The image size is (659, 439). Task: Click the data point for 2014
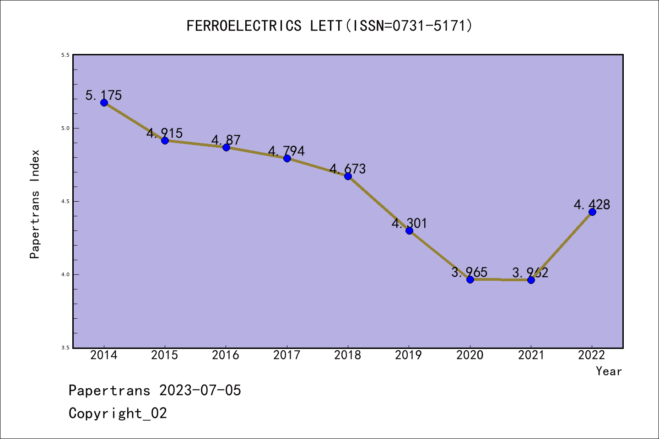click(x=104, y=102)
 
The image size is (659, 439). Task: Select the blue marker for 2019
click(x=409, y=230)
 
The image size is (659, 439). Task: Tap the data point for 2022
click(x=592, y=212)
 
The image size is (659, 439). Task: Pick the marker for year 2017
click(x=287, y=158)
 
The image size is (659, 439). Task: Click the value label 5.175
click(x=104, y=95)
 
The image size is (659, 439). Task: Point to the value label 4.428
click(x=592, y=204)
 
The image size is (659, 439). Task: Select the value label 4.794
click(x=286, y=151)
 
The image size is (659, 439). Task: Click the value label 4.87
click(x=226, y=140)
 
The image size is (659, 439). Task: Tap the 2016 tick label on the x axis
click(x=226, y=355)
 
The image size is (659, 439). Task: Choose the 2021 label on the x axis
click(x=531, y=355)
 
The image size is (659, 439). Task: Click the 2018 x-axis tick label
click(x=348, y=355)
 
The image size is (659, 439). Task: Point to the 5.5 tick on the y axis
click(x=65, y=55)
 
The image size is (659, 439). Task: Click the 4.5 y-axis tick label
click(x=65, y=201)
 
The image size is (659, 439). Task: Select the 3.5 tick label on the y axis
click(x=65, y=348)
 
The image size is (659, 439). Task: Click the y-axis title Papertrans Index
click(x=35, y=204)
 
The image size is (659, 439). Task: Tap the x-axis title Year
click(x=609, y=371)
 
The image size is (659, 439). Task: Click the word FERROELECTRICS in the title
click(x=244, y=26)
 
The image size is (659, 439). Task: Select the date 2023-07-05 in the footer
click(x=200, y=391)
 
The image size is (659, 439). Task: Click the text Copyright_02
click(x=118, y=413)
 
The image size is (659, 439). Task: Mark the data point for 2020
click(x=470, y=279)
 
